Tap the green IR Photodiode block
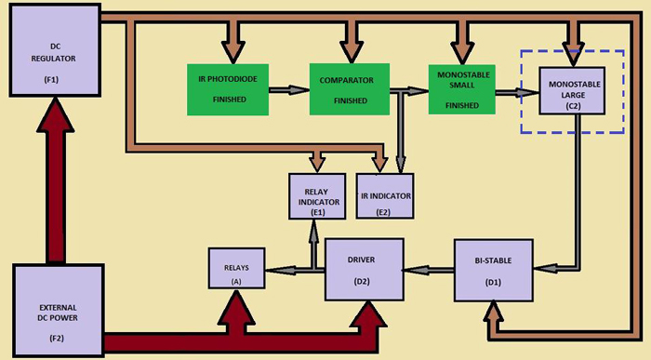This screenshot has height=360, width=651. pos(228,89)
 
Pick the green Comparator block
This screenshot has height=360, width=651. pos(350,89)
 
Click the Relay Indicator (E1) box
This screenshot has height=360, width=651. pos(316,196)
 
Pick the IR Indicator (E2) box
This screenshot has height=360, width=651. pos(384,196)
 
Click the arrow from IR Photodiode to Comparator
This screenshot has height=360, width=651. pos(288,90)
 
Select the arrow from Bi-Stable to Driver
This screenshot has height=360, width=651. pos(429,270)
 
